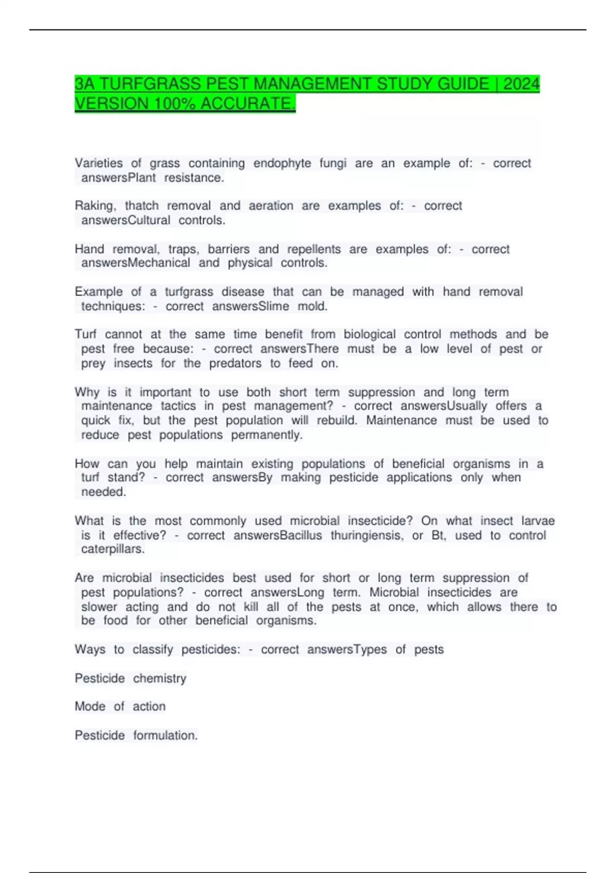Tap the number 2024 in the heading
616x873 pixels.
click(x=522, y=84)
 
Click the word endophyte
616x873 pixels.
click(x=282, y=163)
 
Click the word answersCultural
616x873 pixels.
click(x=126, y=220)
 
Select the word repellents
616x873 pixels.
click(x=314, y=249)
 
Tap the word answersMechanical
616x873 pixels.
click(x=136, y=263)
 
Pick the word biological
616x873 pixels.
click(x=370, y=334)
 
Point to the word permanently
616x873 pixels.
click(x=267, y=435)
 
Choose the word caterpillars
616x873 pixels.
click(x=113, y=549)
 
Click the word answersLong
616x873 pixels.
click(x=287, y=592)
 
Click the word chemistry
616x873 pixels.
click(x=160, y=678)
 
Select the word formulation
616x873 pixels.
click(x=165, y=735)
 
